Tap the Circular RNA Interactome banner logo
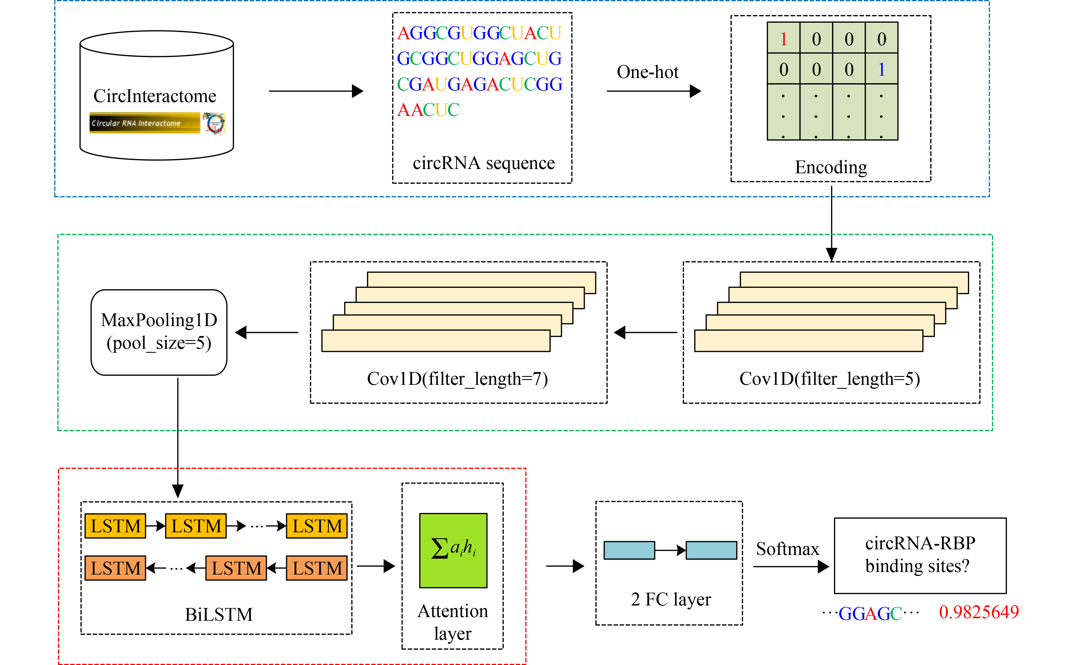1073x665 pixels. tap(144, 123)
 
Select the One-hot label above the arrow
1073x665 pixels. tap(647, 72)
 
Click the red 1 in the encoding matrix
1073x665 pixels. tap(783, 39)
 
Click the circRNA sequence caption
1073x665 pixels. tap(483, 163)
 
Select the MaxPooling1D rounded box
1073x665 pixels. tap(159, 332)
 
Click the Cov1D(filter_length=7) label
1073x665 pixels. tap(457, 379)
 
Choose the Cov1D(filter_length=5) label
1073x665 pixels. tap(830, 379)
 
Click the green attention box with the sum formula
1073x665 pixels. tap(453, 550)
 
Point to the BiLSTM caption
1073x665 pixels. tap(219, 615)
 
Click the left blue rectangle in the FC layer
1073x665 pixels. tap(629, 550)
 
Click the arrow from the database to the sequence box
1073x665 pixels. tap(316, 91)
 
